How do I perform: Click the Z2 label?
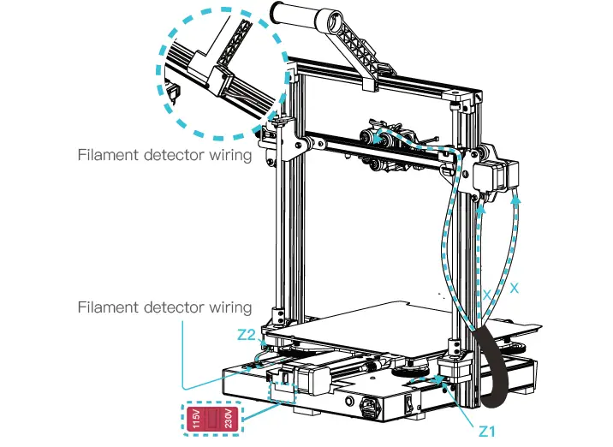[246, 333]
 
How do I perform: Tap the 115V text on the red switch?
[196, 419]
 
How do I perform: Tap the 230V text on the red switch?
[227, 419]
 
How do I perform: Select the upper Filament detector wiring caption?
[164, 155]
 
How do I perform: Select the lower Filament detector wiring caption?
[164, 307]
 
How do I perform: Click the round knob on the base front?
[349, 401]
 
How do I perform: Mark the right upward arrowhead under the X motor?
[516, 199]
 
